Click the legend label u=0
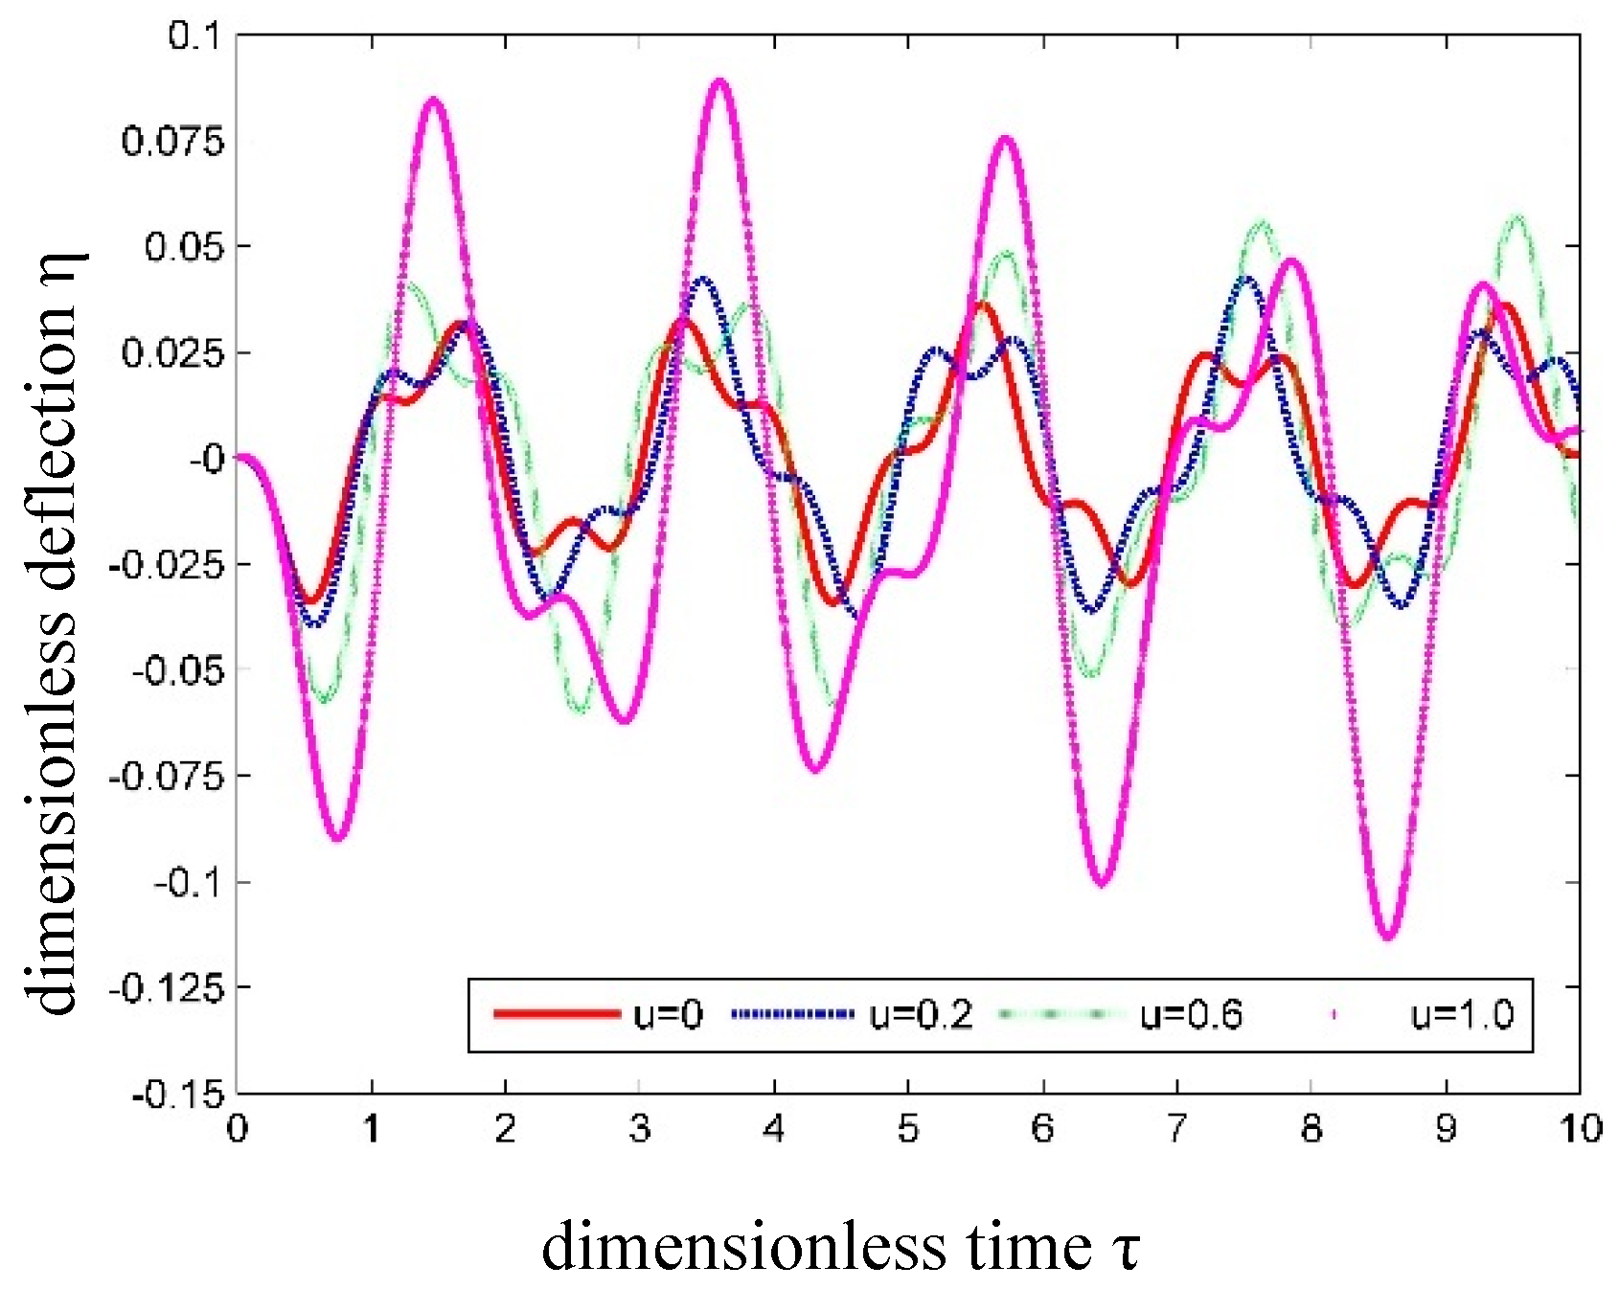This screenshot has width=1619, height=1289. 668,1014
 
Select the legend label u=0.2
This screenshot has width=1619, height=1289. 920,1014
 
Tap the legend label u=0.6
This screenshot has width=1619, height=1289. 1191,1014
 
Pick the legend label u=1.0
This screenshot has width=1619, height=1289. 1462,1014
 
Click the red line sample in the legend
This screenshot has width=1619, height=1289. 557,1014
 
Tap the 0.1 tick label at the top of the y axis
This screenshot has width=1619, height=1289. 194,36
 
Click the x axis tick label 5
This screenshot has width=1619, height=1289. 908,1129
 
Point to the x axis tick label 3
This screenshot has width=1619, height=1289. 640,1129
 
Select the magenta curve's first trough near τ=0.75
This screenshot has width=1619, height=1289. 338,839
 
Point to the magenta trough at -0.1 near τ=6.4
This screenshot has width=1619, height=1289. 1101,882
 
